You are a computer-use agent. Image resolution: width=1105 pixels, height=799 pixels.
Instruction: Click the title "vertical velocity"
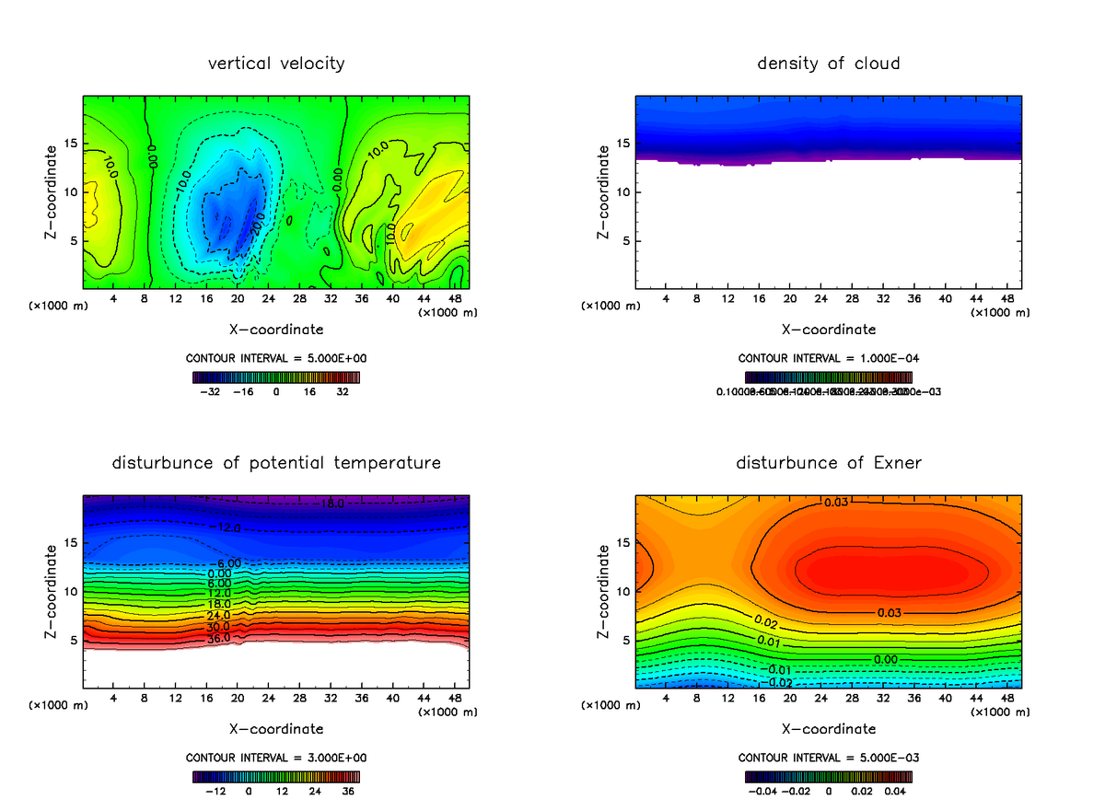[x=276, y=64]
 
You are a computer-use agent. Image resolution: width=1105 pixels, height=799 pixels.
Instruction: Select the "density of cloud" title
[x=828, y=64]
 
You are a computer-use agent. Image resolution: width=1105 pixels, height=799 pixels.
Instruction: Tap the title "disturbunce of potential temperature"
[x=276, y=463]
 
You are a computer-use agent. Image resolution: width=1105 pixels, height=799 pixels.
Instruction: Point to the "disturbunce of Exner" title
[x=828, y=463]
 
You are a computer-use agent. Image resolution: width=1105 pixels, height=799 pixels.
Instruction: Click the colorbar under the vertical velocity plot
[x=276, y=376]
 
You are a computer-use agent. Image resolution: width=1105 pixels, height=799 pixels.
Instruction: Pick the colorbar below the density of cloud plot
[x=828, y=376]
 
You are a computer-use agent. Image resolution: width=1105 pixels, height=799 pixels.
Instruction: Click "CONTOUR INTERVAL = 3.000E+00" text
[x=276, y=758]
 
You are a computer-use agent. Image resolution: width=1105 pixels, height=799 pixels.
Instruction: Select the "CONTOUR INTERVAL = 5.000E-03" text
[x=828, y=758]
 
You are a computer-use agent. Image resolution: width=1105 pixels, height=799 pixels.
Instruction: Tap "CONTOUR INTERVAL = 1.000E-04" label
[x=828, y=358]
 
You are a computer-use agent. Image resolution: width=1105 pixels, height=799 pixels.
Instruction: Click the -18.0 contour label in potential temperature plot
[x=332, y=504]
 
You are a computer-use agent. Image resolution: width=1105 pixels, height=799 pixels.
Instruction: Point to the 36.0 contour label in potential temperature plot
[x=218, y=638]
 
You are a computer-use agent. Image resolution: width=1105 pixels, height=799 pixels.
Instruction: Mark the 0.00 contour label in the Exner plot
[x=885, y=659]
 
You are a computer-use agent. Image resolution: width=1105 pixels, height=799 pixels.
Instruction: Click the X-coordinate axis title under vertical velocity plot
[x=276, y=329]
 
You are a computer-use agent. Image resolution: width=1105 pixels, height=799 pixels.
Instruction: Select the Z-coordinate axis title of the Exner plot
[x=604, y=591]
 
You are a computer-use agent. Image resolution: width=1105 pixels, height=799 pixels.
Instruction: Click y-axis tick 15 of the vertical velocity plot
[x=73, y=144]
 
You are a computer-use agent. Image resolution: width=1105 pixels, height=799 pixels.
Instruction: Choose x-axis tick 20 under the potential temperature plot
[x=238, y=699]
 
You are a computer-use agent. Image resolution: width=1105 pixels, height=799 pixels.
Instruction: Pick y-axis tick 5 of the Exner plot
[x=626, y=640]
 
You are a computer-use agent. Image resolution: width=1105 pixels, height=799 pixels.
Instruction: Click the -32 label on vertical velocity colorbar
[x=213, y=391]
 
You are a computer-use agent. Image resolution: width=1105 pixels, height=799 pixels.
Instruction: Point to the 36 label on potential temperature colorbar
[x=349, y=791]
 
